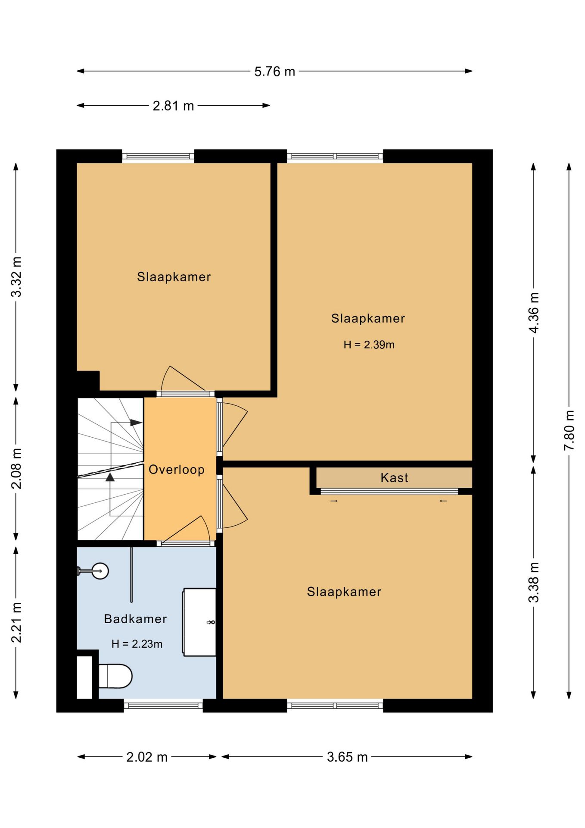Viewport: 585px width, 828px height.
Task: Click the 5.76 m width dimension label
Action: tap(274, 71)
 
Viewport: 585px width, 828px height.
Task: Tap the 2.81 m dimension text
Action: tap(173, 106)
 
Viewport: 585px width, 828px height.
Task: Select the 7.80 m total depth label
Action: tap(569, 430)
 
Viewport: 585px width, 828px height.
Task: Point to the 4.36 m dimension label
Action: tap(533, 313)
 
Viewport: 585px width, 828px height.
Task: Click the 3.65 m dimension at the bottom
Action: tap(347, 757)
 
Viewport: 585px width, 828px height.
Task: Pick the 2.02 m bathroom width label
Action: tap(147, 757)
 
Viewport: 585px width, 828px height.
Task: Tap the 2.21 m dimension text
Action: tap(16, 622)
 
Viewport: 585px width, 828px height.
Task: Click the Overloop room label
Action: tap(177, 469)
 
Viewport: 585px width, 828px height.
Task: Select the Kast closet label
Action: tap(394, 477)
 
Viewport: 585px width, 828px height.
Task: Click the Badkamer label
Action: tap(135, 619)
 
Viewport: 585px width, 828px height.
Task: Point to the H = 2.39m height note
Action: tap(369, 345)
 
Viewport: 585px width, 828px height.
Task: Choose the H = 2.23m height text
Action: tap(137, 644)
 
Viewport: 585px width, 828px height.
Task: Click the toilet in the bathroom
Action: tap(115, 676)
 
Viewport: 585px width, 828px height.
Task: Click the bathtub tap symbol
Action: tap(211, 622)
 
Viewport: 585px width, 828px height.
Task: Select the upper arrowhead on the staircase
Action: tap(136, 423)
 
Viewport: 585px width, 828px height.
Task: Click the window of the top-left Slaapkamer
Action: tap(158, 156)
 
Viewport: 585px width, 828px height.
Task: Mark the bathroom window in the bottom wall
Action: tap(163, 706)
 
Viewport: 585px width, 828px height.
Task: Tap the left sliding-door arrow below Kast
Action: tap(334, 501)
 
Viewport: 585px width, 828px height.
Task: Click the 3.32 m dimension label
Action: tap(16, 277)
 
